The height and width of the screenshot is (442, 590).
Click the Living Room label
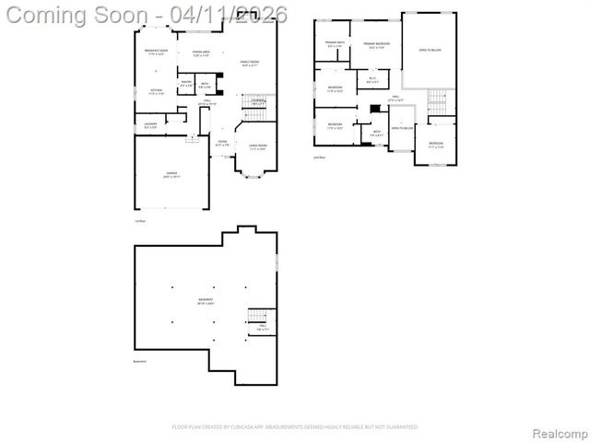coord(257,146)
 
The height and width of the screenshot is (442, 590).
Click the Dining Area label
coord(201,52)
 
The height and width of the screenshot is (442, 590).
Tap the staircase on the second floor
coord(441,106)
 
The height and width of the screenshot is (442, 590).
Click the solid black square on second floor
coord(373,109)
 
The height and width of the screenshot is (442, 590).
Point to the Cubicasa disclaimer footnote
coord(295,427)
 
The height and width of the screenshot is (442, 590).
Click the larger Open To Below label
coord(429,50)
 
